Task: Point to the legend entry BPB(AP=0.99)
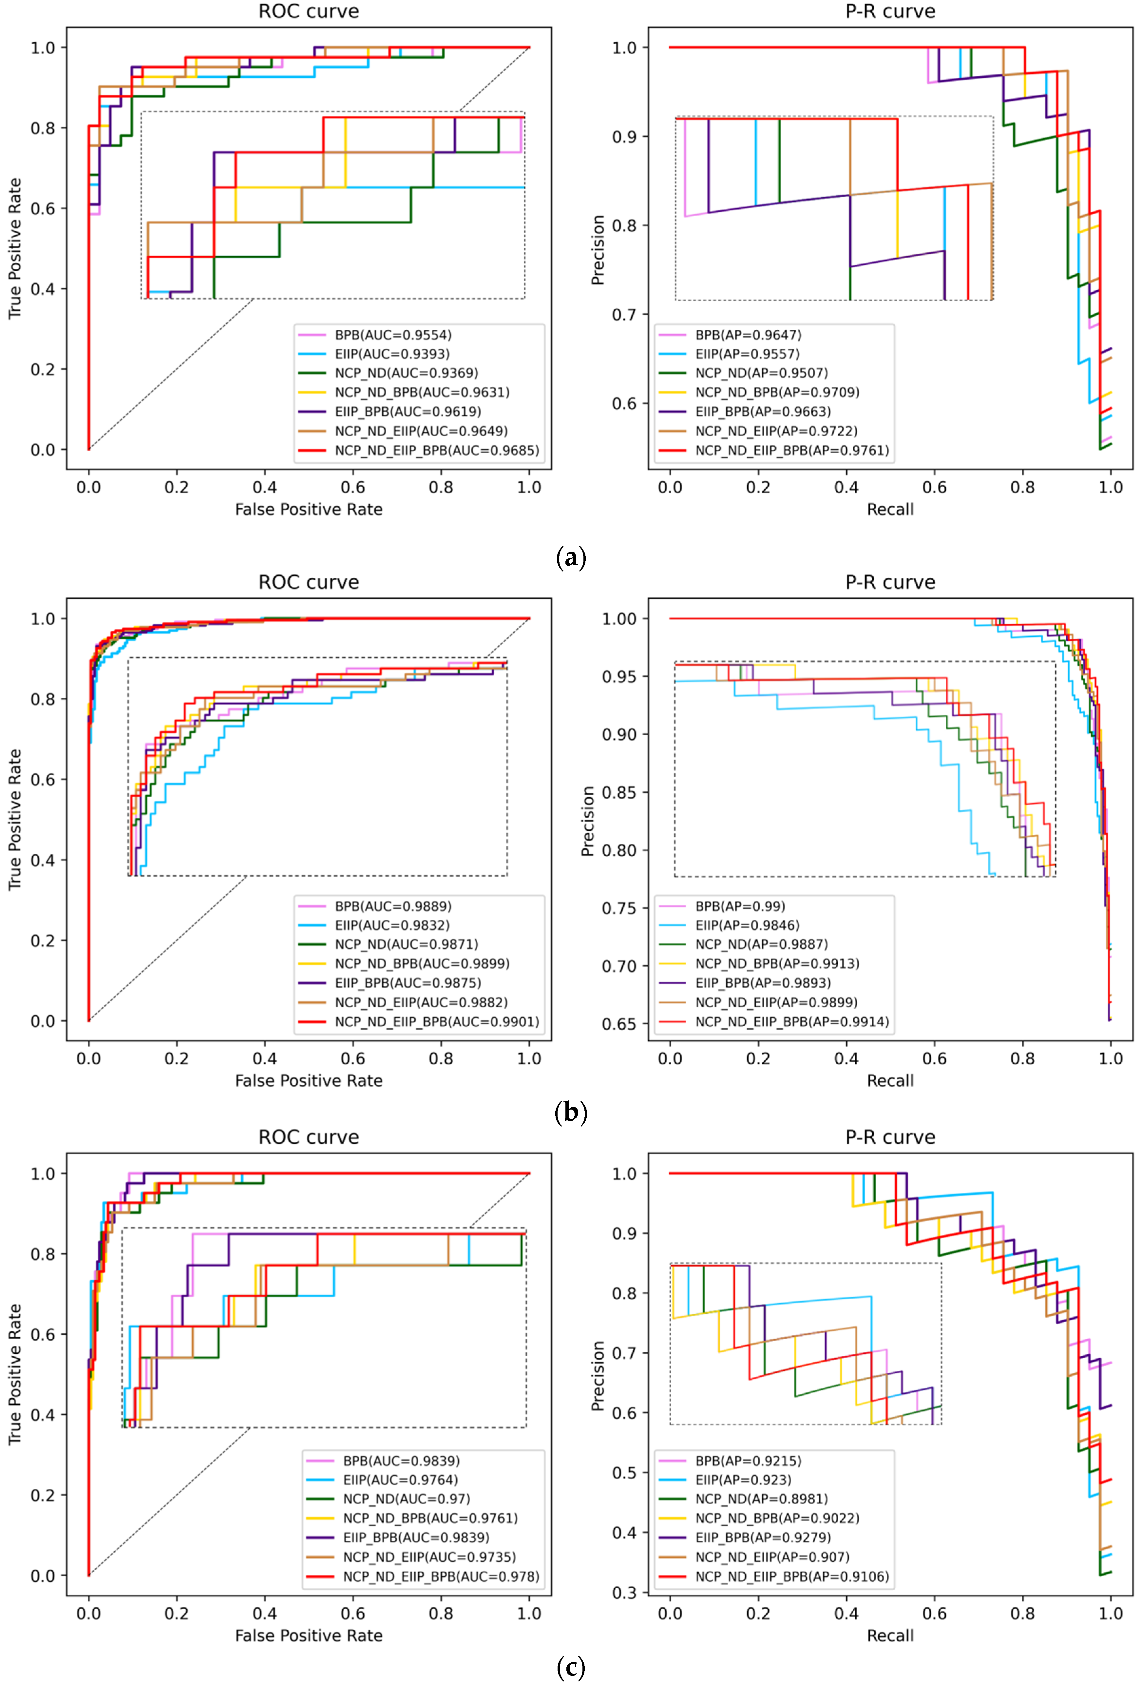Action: tap(740, 906)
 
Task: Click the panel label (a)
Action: tap(570, 558)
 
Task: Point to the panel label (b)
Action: tap(570, 1112)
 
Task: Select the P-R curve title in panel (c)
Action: tap(890, 1137)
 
